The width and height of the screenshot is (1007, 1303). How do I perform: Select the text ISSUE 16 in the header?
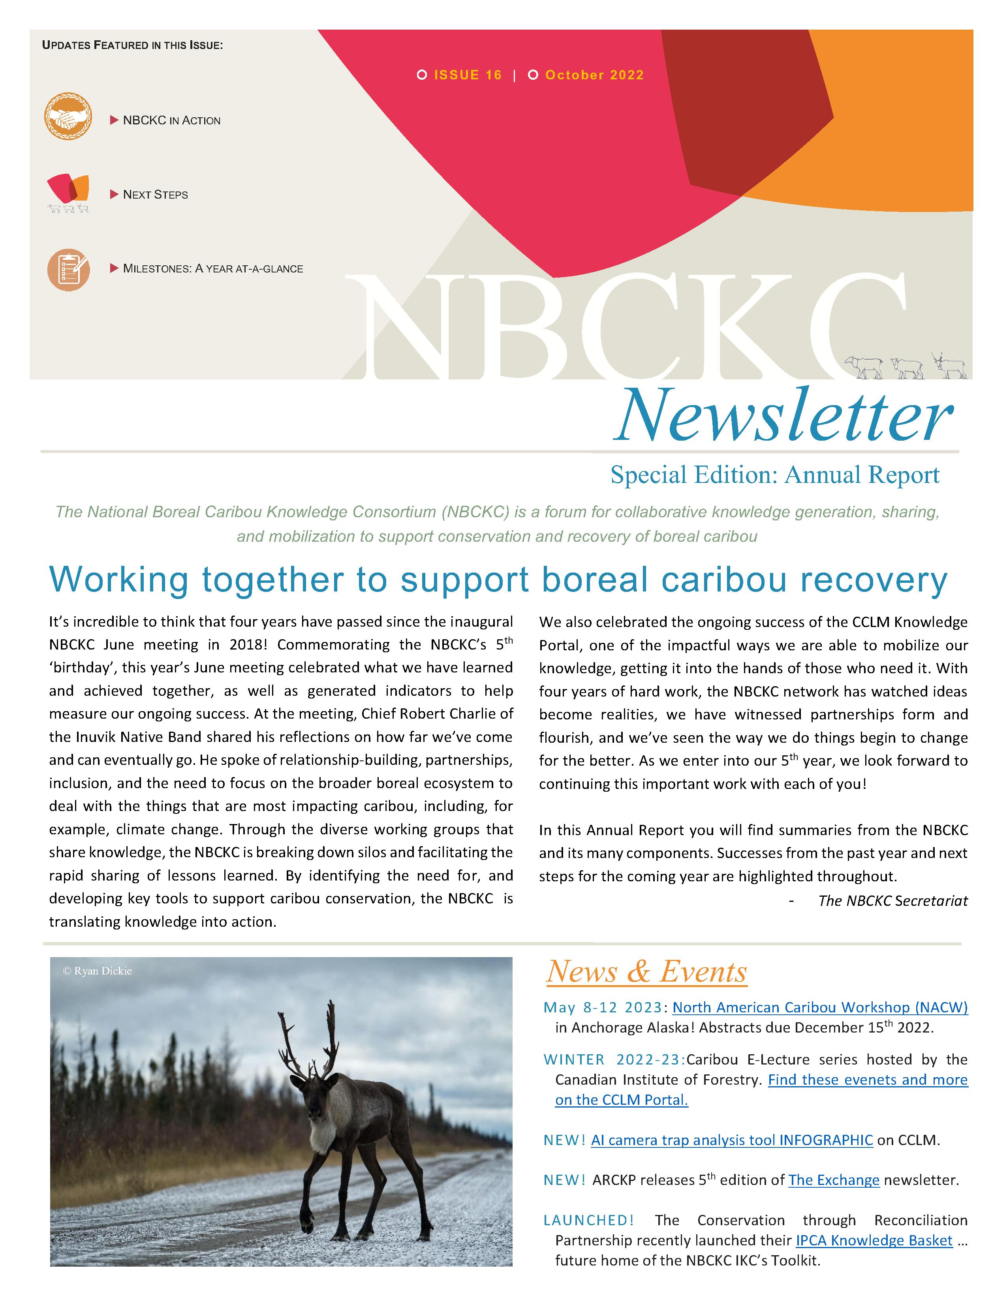pos(468,75)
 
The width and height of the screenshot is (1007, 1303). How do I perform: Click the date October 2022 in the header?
pos(594,75)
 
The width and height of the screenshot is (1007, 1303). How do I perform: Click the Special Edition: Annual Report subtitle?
pos(774,475)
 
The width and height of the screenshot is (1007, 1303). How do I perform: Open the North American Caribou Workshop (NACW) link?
pos(820,1008)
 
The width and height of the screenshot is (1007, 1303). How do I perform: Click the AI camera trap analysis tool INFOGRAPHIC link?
pos(731,1140)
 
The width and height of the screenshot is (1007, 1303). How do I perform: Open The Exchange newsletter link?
pos(833,1180)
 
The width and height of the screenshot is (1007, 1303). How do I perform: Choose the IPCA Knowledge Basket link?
pos(874,1240)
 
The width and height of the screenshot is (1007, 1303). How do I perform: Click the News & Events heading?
pos(646,972)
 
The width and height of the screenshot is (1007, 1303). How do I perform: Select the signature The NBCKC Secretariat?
pos(892,901)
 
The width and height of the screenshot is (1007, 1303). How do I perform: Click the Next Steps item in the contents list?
pos(155,195)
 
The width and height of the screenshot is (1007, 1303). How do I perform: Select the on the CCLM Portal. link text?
pos(621,1100)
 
